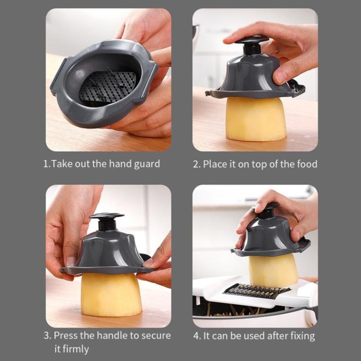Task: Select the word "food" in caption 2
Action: [x=307, y=164]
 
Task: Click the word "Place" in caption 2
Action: [x=215, y=164]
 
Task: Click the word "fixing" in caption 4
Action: [x=303, y=336]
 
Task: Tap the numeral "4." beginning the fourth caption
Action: [x=197, y=336]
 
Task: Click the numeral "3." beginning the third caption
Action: [x=48, y=335]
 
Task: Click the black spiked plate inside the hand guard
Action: [x=108, y=86]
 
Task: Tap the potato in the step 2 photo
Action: [x=256, y=118]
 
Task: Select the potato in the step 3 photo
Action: [x=111, y=294]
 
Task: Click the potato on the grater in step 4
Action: [x=273, y=271]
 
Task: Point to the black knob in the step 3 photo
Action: [x=107, y=221]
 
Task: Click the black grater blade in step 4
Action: [x=256, y=290]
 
